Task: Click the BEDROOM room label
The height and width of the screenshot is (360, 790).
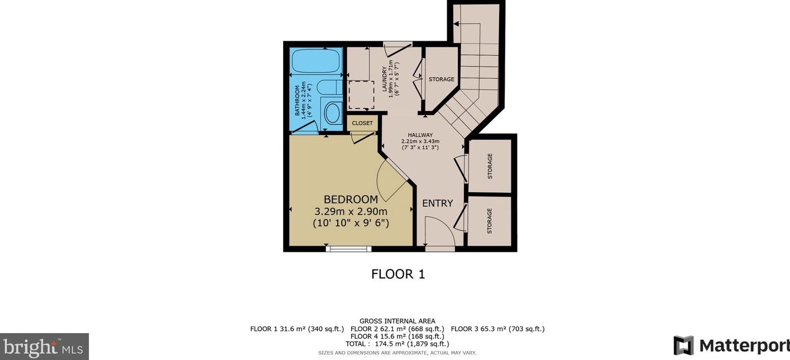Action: click(x=351, y=200)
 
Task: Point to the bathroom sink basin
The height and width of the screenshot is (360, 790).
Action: click(x=333, y=113)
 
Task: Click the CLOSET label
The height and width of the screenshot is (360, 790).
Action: click(x=362, y=123)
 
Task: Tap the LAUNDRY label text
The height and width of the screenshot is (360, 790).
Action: click(x=385, y=79)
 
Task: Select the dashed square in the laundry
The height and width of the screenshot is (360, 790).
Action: click(x=361, y=95)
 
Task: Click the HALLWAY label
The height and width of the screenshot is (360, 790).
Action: click(x=420, y=135)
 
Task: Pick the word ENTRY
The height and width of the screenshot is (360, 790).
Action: click(x=437, y=203)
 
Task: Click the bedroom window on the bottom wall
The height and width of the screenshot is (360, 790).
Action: click(x=348, y=249)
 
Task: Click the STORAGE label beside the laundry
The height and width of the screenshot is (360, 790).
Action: click(x=441, y=79)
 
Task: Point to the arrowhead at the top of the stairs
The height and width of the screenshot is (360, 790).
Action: click(x=456, y=24)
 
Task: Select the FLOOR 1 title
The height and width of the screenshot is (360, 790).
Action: click(x=398, y=274)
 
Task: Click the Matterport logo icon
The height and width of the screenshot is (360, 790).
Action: click(x=683, y=345)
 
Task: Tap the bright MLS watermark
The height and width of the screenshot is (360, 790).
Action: click(x=44, y=347)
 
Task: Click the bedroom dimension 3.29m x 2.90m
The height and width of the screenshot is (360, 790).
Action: click(x=351, y=212)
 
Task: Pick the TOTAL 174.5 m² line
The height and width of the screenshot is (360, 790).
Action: click(x=397, y=344)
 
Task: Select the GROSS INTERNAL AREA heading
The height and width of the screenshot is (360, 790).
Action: click(x=397, y=321)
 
